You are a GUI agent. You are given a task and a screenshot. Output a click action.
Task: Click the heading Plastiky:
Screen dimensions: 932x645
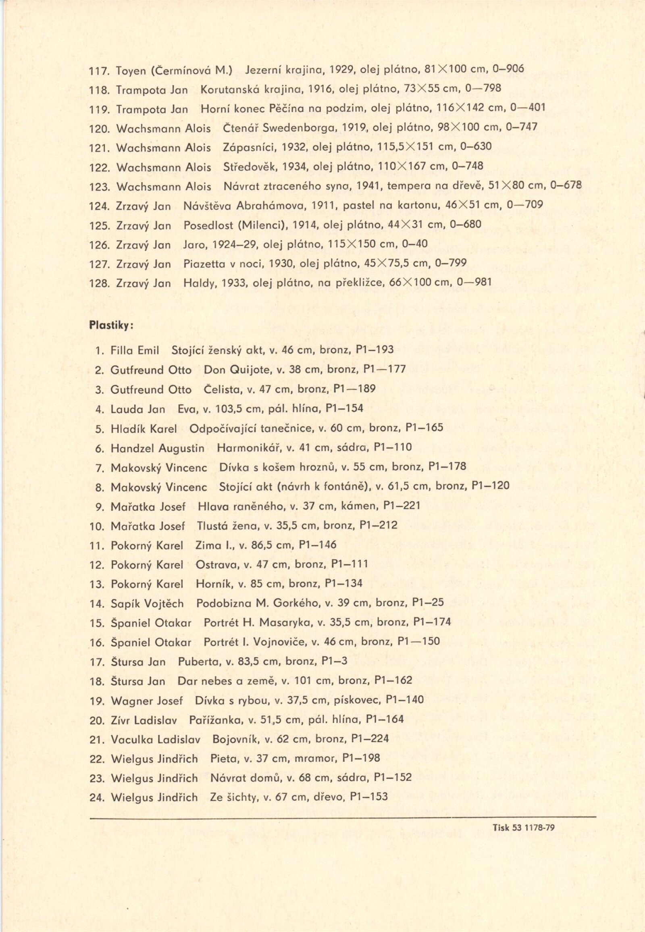[111, 325]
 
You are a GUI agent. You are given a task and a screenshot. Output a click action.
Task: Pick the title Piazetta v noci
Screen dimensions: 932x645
[223, 264]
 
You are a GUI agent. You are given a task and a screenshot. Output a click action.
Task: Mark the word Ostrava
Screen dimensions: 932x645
[213, 564]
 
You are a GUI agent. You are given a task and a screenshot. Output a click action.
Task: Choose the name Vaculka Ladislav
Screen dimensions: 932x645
[156, 739]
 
